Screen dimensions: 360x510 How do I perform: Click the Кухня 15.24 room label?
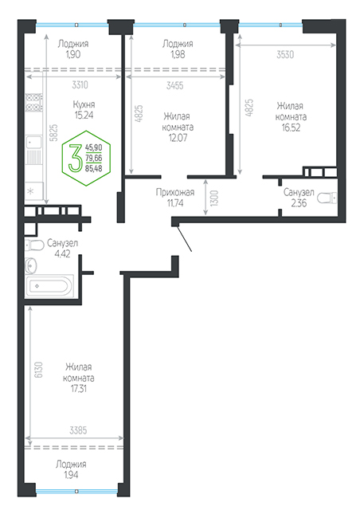pyautogui.click(x=84, y=110)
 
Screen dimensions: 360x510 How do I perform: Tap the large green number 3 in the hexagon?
pyautogui.click(x=76, y=159)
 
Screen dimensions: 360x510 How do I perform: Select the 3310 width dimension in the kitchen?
pyautogui.click(x=80, y=85)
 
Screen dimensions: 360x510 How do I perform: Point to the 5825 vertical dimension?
pyautogui.click(x=53, y=132)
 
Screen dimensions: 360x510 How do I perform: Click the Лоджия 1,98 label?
pyautogui.click(x=178, y=49)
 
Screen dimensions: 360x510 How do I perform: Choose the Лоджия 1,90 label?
pyautogui.click(x=73, y=49)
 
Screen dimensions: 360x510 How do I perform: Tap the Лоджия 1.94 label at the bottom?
pyautogui.click(x=71, y=469)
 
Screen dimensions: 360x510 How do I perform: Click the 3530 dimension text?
pyautogui.click(x=285, y=54)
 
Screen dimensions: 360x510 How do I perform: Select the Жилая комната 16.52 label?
pyautogui.click(x=291, y=116)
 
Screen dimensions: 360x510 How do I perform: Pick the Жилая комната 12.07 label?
pyautogui.click(x=178, y=127)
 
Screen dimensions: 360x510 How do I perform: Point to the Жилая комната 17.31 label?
pyautogui.click(x=79, y=378)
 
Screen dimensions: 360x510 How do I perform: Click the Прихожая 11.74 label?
pyautogui.click(x=175, y=198)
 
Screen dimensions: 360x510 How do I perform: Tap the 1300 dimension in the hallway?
pyautogui.click(x=214, y=198)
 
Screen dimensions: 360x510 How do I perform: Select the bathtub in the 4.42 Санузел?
pyautogui.click(x=49, y=285)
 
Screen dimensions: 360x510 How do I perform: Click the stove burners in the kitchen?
pyautogui.click(x=33, y=102)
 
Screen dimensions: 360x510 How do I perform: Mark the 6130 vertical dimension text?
pyautogui.click(x=39, y=370)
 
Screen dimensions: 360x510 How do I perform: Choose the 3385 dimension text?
pyautogui.click(x=78, y=430)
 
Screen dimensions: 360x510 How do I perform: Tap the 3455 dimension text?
pyautogui.click(x=175, y=85)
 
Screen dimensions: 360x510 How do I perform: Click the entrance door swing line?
pyautogui.click(x=184, y=239)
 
